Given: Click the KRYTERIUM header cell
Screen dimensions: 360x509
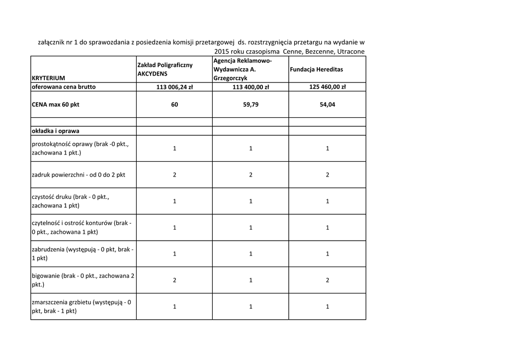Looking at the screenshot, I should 48,78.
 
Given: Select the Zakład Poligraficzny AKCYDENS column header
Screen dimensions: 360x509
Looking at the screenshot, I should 165,69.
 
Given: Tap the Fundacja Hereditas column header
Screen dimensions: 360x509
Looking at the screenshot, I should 316,69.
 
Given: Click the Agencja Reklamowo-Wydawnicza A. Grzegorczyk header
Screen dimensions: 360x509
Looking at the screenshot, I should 242,69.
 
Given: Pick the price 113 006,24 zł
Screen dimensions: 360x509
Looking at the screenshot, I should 174,87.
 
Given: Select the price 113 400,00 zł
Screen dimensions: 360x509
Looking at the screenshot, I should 251,87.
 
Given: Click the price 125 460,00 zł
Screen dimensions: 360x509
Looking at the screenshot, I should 327,87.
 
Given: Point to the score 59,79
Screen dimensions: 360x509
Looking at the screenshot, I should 251,105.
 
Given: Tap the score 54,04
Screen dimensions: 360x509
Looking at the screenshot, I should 327,105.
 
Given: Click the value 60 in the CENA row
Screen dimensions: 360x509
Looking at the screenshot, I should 174,105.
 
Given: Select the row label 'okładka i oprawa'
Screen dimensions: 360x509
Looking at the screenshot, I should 55,131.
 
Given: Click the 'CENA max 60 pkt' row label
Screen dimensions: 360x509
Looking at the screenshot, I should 55,105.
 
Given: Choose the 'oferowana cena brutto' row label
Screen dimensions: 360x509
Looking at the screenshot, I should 63,87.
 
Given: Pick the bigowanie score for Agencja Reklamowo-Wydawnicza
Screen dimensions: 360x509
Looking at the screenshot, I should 251,280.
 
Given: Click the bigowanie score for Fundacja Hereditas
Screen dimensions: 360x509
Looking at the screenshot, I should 327,280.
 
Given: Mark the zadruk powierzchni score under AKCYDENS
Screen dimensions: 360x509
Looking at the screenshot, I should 174,175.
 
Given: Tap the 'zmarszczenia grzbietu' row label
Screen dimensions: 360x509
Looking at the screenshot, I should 81,306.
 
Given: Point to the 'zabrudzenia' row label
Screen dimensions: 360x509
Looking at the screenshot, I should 82,254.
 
